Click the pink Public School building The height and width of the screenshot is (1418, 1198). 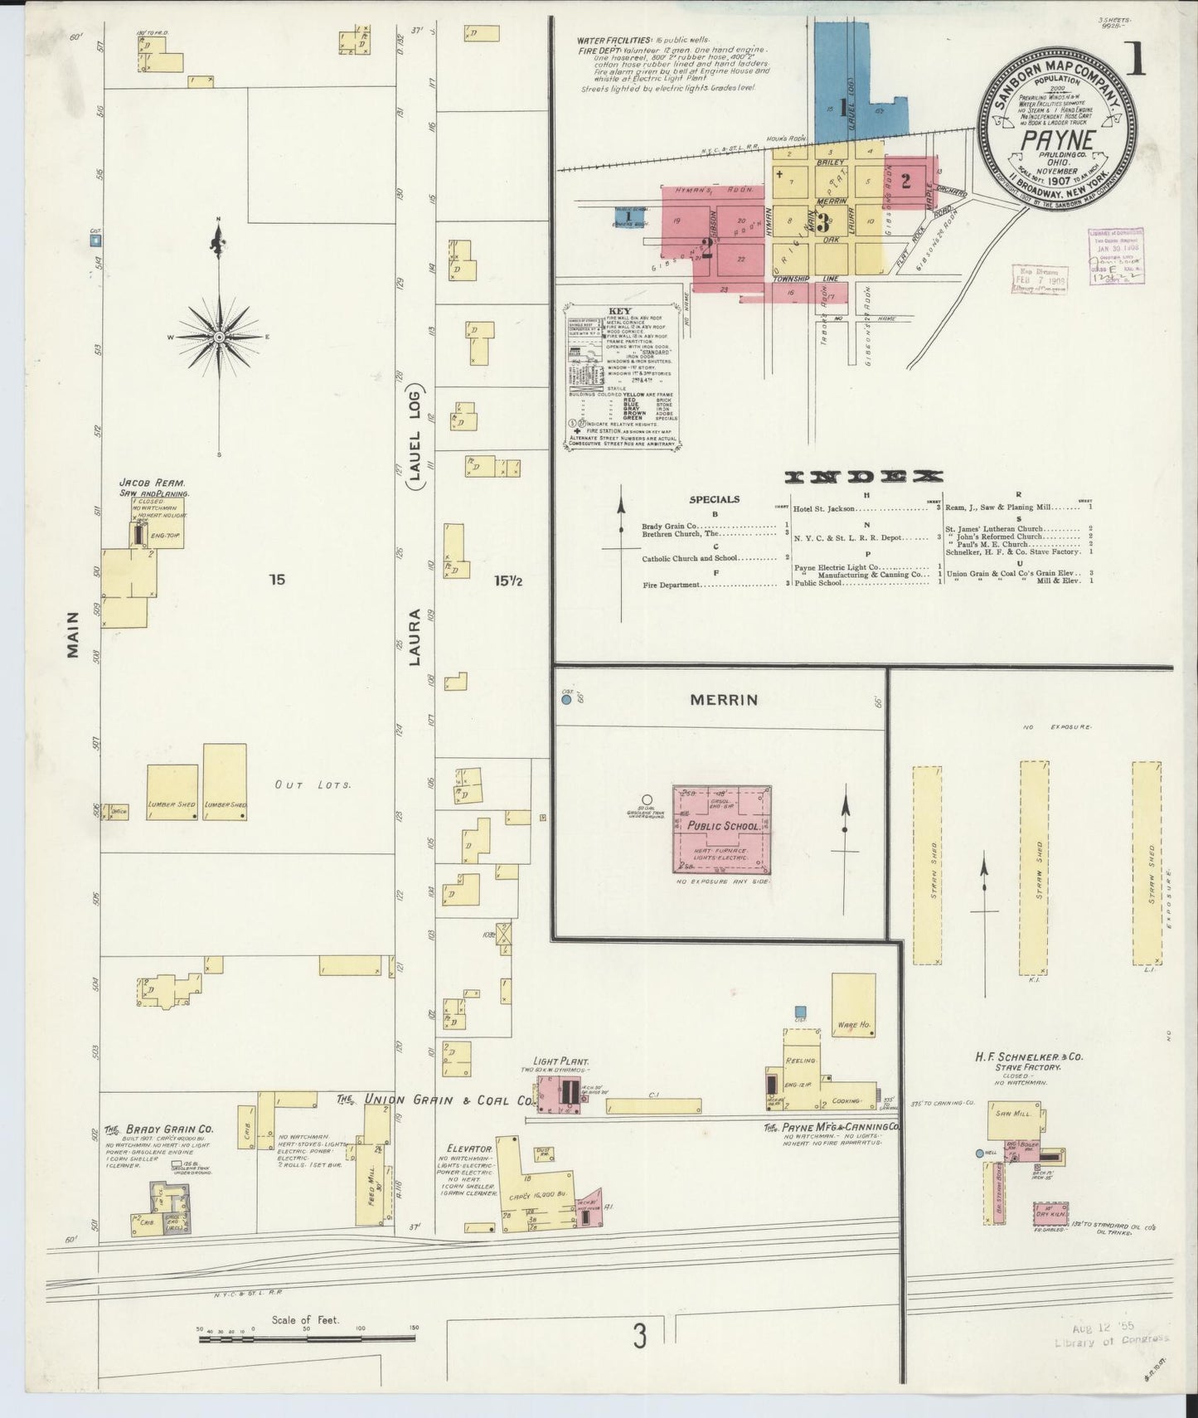point(721,829)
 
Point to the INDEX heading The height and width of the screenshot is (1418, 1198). point(864,477)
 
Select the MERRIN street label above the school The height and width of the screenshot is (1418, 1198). point(724,700)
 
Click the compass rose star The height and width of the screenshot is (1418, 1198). point(219,338)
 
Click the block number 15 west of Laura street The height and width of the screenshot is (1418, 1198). point(277,580)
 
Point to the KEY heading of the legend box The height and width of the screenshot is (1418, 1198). point(619,311)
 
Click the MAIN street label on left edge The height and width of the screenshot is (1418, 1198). point(73,634)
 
